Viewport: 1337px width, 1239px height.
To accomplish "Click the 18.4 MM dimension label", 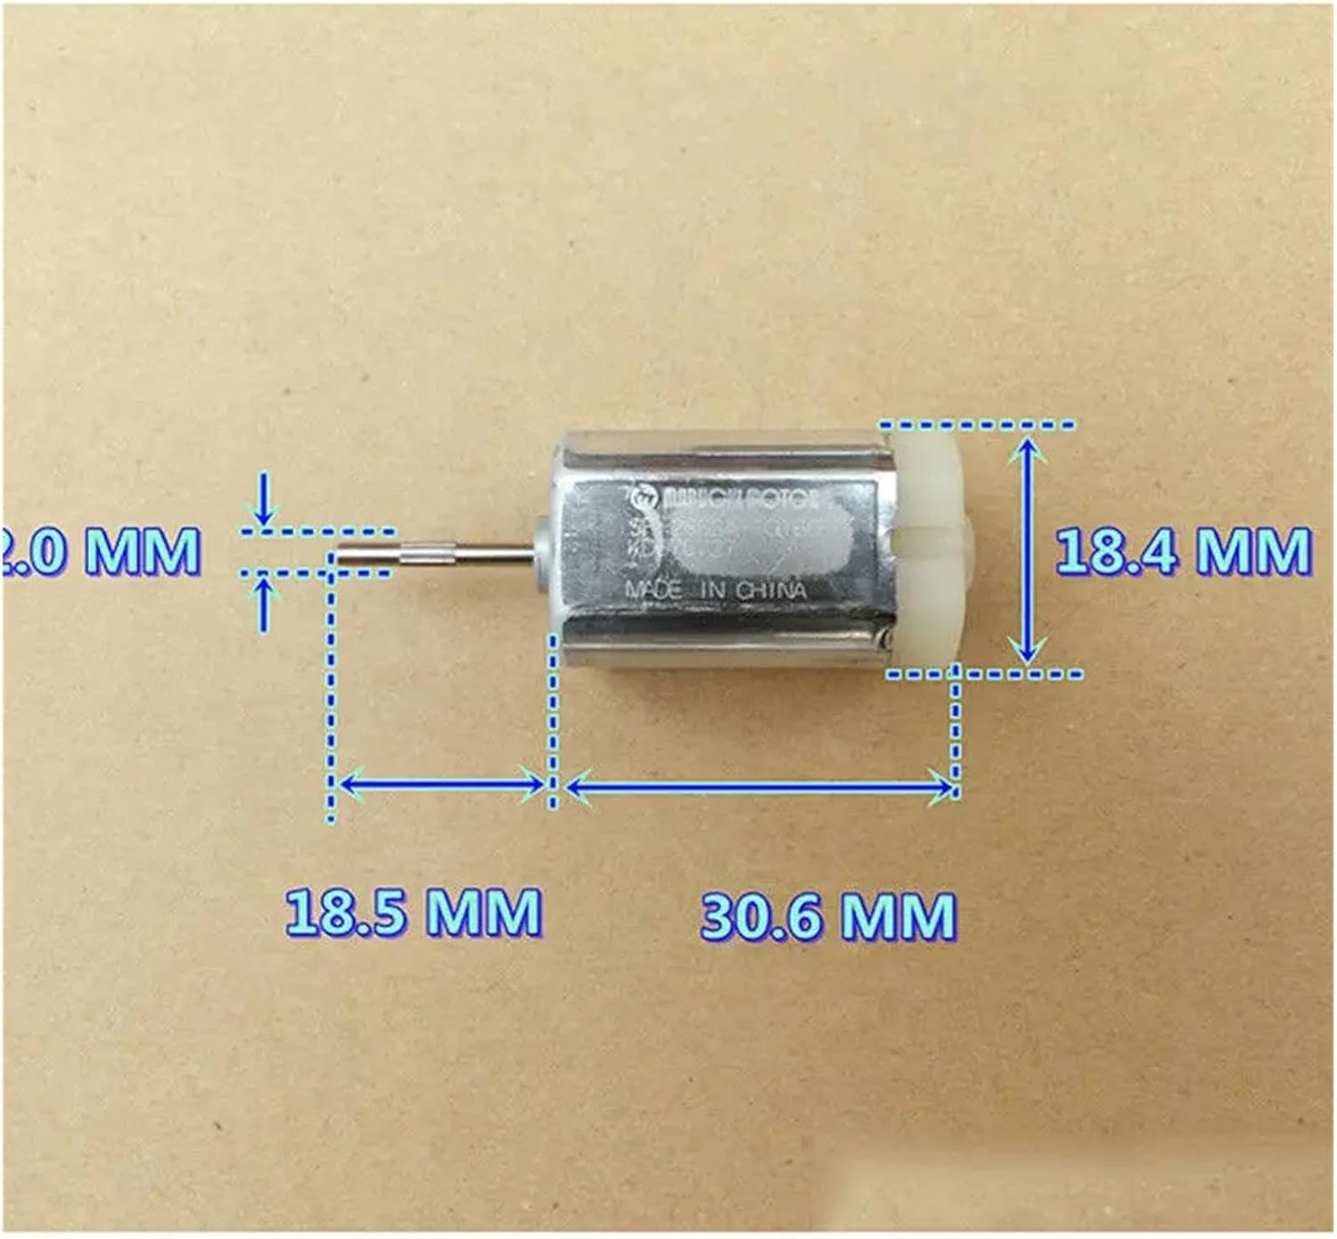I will (1182, 551).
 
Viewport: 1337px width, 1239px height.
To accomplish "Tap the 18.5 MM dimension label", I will (414, 912).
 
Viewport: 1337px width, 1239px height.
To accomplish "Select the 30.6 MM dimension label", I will (828, 915).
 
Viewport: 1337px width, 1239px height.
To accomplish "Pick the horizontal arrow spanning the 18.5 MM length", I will (443, 784).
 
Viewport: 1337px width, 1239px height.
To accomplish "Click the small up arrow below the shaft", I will (264, 603).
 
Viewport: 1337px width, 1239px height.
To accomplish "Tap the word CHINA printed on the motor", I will (775, 590).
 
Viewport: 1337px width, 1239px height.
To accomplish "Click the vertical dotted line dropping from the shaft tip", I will (331, 686).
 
